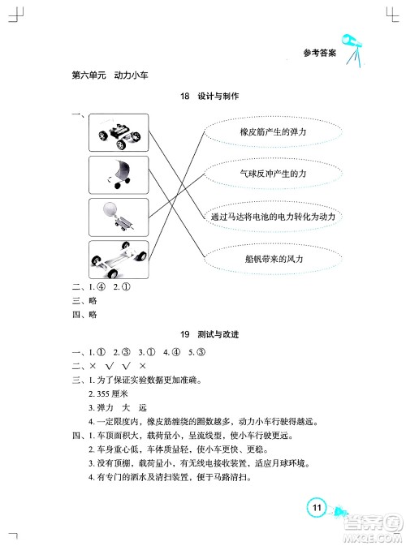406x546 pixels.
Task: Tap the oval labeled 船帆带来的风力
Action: coord(261,259)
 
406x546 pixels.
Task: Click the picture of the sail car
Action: coord(119,174)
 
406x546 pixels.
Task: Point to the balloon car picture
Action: coord(119,217)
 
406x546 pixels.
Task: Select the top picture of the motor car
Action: coord(119,132)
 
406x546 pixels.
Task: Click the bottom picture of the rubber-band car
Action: coord(119,260)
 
